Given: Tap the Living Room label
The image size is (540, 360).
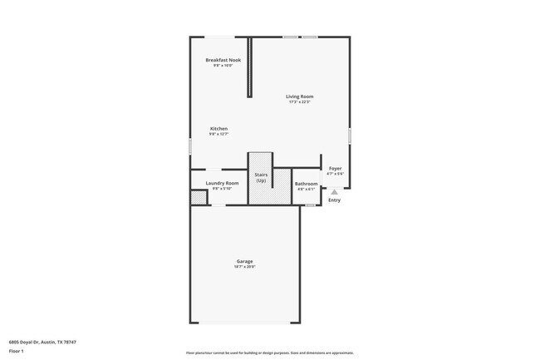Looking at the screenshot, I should click(300, 96).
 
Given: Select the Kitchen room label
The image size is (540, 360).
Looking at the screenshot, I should click(218, 128).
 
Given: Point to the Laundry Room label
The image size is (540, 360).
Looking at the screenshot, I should click(222, 183).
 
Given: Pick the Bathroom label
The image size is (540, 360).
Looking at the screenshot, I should click(307, 183).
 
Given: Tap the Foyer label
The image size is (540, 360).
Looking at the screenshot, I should click(335, 169).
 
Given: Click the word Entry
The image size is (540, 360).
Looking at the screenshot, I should click(334, 200).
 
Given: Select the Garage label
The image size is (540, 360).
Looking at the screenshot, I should click(244, 261).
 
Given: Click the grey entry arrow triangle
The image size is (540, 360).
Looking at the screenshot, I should click(334, 190).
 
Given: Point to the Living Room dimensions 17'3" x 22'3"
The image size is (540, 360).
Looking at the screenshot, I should click(300, 102).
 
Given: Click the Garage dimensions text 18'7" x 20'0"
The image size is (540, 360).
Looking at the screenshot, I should click(244, 267).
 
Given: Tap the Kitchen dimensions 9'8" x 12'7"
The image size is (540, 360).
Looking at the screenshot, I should click(218, 134).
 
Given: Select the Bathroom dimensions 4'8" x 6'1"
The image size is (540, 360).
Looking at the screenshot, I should click(307, 189).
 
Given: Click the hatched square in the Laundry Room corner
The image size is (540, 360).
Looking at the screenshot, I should click(199, 198).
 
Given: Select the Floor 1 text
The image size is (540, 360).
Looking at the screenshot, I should click(16, 351).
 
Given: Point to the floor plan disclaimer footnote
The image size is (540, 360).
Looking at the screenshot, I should click(270, 353).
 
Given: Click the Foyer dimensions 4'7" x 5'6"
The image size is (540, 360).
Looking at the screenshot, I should click(335, 174).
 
